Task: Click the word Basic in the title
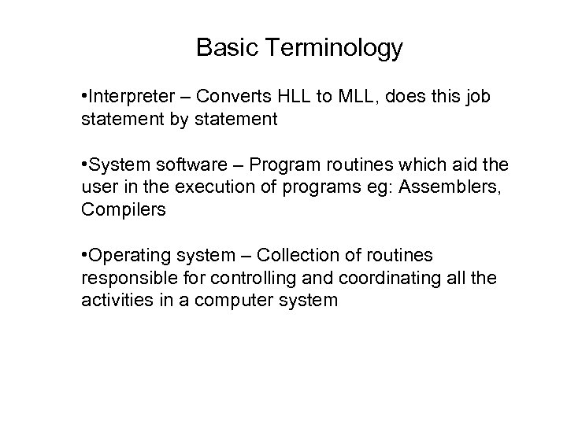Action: point(224,48)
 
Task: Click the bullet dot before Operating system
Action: point(84,257)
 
